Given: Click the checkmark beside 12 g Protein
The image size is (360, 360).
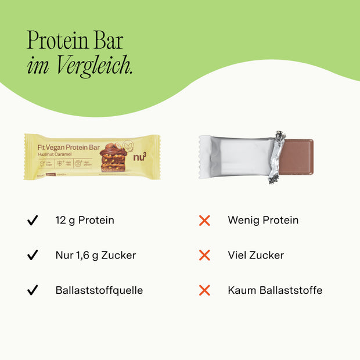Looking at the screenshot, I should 33,221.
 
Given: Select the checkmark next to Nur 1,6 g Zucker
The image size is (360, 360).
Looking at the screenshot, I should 33,255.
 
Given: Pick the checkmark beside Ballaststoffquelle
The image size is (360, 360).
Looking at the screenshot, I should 33,290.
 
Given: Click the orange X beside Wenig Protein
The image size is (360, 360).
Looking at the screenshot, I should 204,221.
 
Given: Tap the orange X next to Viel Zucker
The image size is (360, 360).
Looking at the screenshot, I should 204,255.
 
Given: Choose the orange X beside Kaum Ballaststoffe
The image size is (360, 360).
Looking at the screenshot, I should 204,290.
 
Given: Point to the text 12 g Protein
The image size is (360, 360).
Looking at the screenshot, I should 85,221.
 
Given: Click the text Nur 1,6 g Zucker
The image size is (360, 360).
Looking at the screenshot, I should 96,255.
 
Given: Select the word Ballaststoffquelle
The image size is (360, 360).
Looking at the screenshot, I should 99,290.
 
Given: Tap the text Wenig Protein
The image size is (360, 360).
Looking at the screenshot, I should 263,221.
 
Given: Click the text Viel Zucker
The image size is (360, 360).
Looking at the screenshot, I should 256,255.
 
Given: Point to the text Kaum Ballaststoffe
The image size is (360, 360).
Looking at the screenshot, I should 275,290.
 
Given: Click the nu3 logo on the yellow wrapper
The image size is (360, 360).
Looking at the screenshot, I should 140,157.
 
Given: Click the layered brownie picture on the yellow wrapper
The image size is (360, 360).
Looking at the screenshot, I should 113,158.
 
